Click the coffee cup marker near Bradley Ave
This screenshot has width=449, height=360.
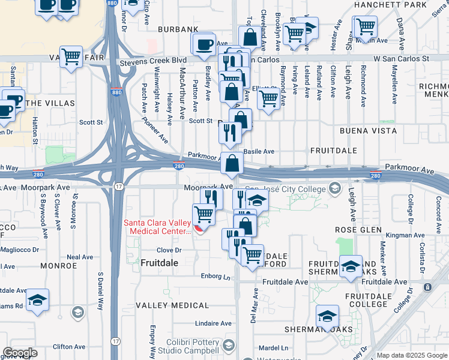point(204,44)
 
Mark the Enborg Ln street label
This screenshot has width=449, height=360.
point(216,277)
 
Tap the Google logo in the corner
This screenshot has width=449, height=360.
point(20,352)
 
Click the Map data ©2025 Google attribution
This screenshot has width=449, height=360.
point(411,355)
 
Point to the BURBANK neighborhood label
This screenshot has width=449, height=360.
point(178,29)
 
